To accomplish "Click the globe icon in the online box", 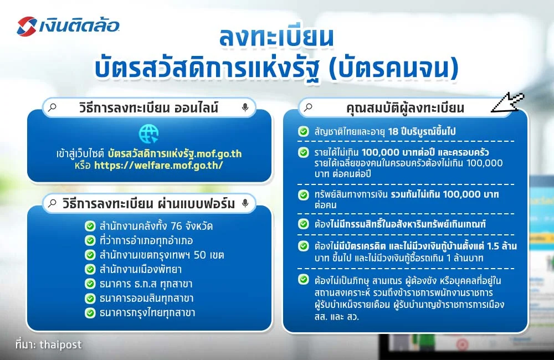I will pyautogui.click(x=148, y=133).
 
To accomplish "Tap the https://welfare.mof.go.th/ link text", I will pyautogui.click(x=158, y=165).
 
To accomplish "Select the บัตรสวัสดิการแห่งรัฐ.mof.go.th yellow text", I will pyautogui.click(x=175, y=153).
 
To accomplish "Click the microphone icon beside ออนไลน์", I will pyautogui.click(x=245, y=108).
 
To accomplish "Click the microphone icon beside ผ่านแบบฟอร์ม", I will pyautogui.click(x=245, y=203).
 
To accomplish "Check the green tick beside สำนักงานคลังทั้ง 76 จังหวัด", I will pyautogui.click(x=89, y=227).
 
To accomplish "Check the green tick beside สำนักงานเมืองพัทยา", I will pyautogui.click(x=89, y=270).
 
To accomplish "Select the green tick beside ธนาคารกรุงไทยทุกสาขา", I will pyautogui.click(x=89, y=313).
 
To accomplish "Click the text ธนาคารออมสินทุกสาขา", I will pyautogui.click(x=147, y=299).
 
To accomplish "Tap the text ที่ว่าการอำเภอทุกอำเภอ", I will pyautogui.click(x=146, y=241).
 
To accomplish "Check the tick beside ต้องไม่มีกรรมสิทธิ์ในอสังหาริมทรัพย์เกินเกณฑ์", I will pyautogui.click(x=303, y=224).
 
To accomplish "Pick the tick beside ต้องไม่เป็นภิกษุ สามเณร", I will pyautogui.click(x=303, y=280).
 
